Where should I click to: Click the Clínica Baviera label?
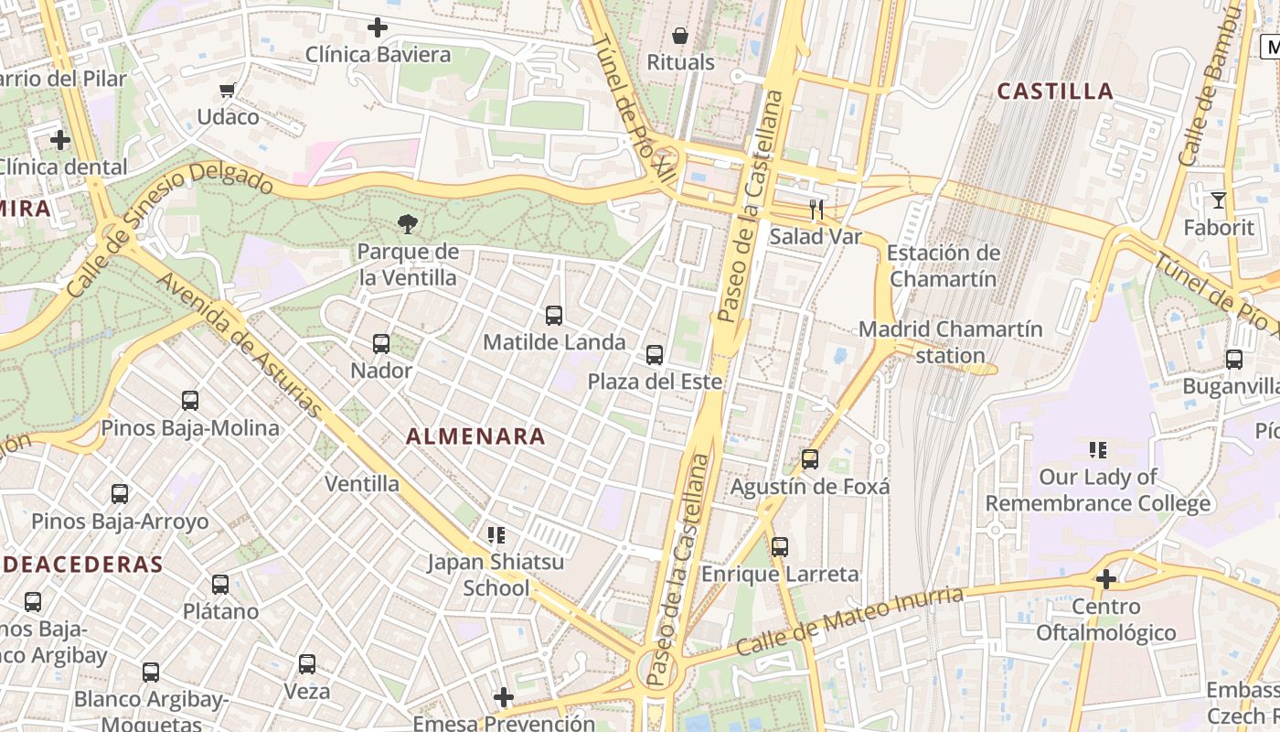(378, 55)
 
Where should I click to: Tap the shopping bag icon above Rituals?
(680, 36)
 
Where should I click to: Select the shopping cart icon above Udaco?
(228, 90)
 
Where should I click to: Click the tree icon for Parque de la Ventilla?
(408, 222)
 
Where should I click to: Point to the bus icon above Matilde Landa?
(554, 316)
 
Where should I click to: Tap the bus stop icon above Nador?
(381, 344)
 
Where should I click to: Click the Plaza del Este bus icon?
(655, 354)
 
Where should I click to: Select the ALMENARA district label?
(475, 436)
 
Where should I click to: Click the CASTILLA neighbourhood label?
(1055, 91)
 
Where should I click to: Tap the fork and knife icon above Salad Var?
(816, 210)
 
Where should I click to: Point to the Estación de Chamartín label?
(944, 265)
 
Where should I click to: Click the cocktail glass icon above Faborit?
(1218, 200)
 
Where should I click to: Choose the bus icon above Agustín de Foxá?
(810, 459)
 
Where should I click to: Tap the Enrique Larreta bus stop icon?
(780, 547)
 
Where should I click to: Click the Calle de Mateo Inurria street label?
(849, 622)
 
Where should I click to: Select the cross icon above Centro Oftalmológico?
(1106, 578)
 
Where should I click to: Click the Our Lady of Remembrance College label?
(1097, 490)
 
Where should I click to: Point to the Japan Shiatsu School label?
(496, 575)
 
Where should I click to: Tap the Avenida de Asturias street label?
(240, 343)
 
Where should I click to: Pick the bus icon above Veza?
(307, 664)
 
